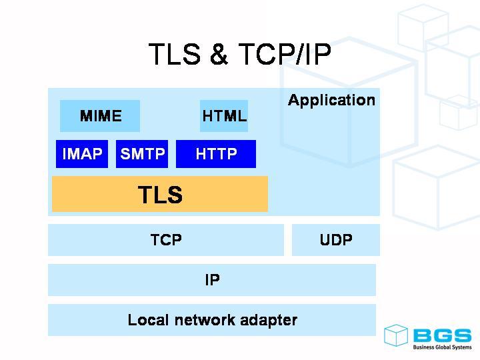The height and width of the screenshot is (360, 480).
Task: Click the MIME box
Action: tap(100, 116)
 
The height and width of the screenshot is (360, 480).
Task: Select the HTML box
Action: tap(224, 116)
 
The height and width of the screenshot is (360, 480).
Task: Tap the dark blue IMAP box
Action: tap(82, 155)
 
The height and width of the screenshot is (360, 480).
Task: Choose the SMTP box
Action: tap(142, 155)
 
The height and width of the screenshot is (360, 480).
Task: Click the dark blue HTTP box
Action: tap(216, 155)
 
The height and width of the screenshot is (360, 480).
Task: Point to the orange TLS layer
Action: tap(160, 195)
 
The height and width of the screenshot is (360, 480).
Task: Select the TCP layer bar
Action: tap(166, 240)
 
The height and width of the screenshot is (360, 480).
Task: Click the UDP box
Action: tap(336, 240)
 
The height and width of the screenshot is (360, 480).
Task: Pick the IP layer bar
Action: tap(212, 280)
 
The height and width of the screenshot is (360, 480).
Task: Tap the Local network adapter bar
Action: tap(212, 320)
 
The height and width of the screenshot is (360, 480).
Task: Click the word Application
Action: tap(331, 101)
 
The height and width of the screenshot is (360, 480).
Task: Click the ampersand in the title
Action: tap(219, 55)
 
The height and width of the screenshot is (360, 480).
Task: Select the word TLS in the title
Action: tap(174, 55)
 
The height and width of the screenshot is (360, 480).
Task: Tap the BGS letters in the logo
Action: tap(441, 335)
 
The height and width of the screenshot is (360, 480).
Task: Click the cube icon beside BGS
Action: tap(396, 335)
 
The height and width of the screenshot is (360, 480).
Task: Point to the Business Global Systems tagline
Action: tap(442, 347)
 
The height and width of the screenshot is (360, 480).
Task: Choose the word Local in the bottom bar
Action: tap(147, 320)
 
